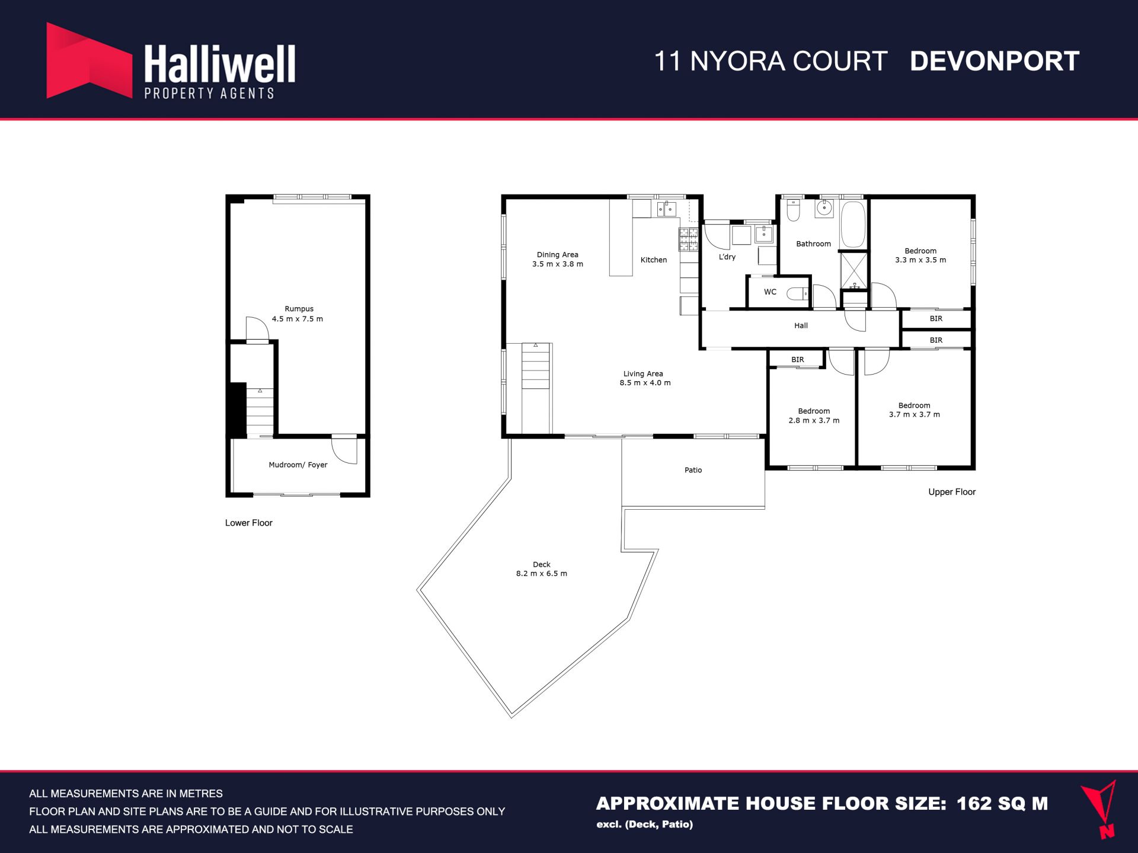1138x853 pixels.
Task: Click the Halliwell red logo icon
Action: (89, 61)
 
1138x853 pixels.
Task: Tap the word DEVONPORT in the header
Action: (995, 61)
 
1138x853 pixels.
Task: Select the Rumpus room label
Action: (299, 309)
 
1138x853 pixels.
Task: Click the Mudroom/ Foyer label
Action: (298, 465)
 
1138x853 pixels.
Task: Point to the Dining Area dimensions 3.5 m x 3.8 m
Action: (558, 264)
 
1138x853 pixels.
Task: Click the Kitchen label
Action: (654, 260)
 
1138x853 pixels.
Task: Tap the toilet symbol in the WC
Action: (797, 293)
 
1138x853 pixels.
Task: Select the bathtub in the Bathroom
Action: (853, 225)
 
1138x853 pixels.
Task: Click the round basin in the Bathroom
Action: (824, 208)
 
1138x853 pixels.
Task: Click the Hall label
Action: (801, 325)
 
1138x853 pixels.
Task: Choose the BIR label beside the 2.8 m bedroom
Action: (798, 360)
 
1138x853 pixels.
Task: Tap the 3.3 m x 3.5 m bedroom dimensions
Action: (920, 260)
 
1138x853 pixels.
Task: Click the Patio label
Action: (693, 470)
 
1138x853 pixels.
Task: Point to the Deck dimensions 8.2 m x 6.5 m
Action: (542, 574)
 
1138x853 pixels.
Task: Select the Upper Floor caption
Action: (952, 492)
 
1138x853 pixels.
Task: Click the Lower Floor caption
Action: (249, 523)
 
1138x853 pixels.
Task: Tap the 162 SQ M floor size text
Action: (1002, 804)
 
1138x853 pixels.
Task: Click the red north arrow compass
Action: (1100, 809)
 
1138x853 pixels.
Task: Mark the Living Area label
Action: (643, 374)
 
